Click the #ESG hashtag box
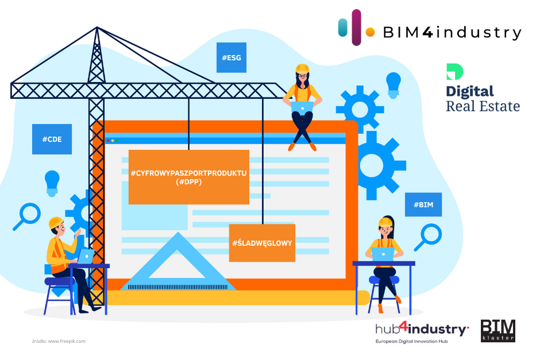pyautogui.click(x=231, y=57)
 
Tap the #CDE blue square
pyautogui.click(x=52, y=139)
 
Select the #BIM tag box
pyautogui.click(x=423, y=204)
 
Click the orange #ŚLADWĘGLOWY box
pyautogui.click(x=262, y=243)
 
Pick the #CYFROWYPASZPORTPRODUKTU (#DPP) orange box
pyautogui.click(x=188, y=177)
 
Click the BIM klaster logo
pyautogui.click(x=497, y=331)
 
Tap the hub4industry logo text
pyautogui.click(x=422, y=330)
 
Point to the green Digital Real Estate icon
pyautogui.click(x=454, y=72)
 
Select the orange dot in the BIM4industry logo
pyautogui.click(x=371, y=32)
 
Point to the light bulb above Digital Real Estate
pyautogui.click(x=394, y=83)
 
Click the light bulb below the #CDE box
pyautogui.click(x=52, y=181)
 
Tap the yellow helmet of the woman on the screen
pyautogui.click(x=302, y=69)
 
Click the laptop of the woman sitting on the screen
pyautogui.click(x=302, y=106)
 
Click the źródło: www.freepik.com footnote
pyautogui.click(x=59, y=341)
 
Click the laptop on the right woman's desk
pyautogui.click(x=383, y=254)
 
